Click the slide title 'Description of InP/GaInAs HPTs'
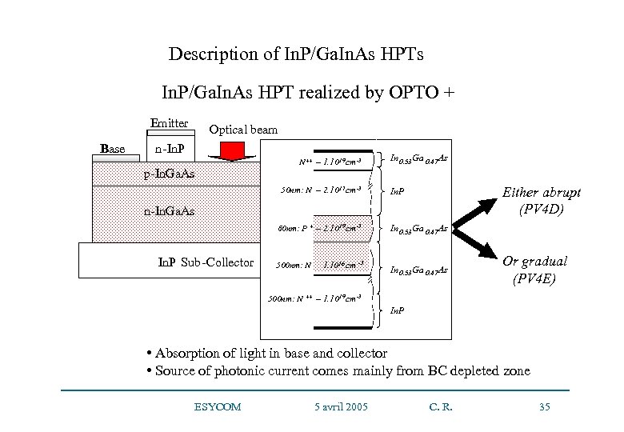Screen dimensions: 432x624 point(296,55)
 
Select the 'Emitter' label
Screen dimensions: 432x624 point(169,123)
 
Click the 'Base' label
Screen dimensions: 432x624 point(114,148)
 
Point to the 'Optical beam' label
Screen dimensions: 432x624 point(244,130)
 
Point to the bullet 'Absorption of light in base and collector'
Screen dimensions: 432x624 point(267,353)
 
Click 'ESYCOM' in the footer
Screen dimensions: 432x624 point(217,407)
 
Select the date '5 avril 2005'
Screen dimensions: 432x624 point(341,407)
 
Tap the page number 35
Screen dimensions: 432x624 point(545,407)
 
